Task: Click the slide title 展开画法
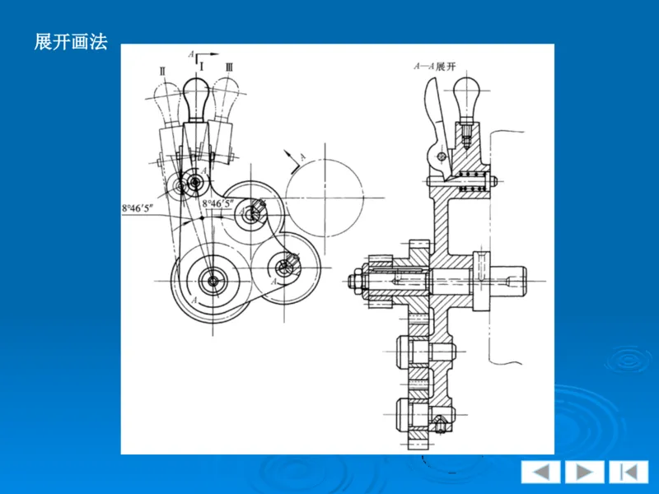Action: point(71,42)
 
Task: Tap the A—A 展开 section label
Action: point(435,67)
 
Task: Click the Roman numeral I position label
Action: point(202,67)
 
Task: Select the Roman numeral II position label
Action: point(163,71)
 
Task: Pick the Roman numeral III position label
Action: point(230,68)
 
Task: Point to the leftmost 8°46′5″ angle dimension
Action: point(138,208)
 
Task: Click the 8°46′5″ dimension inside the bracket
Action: point(217,203)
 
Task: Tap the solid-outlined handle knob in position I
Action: point(196,99)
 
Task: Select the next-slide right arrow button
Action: point(584,472)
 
